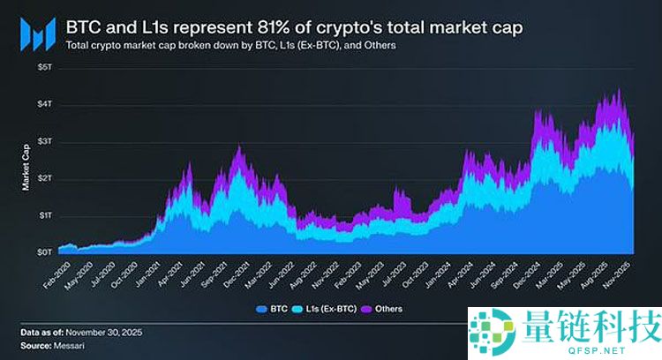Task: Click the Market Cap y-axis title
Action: [25, 164]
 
